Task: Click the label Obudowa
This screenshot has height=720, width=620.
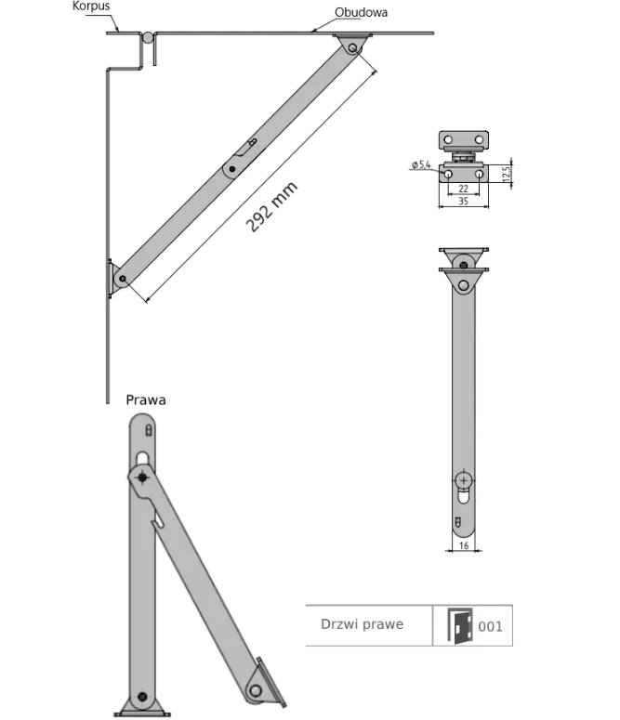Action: point(362,13)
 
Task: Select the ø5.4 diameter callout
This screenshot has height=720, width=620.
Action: point(419,165)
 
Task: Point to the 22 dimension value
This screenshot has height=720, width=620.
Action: point(463,189)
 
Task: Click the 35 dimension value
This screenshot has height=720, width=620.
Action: point(463,203)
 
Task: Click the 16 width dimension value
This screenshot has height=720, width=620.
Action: point(463,548)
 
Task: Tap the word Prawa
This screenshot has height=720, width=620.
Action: point(146,400)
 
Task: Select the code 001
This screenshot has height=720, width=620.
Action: point(490,626)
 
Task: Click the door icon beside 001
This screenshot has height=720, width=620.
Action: point(459,625)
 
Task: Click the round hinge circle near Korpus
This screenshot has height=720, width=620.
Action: point(148,38)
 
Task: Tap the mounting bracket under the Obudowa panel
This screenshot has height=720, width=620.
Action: point(353,44)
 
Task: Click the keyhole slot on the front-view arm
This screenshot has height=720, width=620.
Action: point(463,485)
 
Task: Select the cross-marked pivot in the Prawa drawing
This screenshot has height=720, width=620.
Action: point(142,477)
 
